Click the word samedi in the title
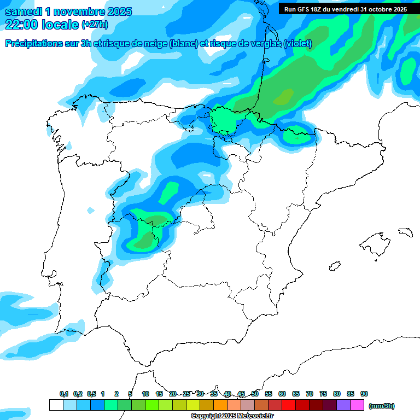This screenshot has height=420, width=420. (x=24, y=11)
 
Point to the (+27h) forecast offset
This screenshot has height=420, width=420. (x=95, y=25)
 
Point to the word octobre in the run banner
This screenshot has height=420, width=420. (x=373, y=9)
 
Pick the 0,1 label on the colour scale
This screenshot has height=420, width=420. (x=64, y=394)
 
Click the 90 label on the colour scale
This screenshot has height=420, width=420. (x=364, y=394)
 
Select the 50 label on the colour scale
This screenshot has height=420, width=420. (x=255, y=394)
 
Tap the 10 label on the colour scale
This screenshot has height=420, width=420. (x=145, y=394)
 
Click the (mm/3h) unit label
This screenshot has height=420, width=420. (x=382, y=406)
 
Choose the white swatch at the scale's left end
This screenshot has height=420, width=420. (x=56, y=405)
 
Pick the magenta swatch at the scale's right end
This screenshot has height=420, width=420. (x=357, y=405)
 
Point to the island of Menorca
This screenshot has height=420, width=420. (x=405, y=232)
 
